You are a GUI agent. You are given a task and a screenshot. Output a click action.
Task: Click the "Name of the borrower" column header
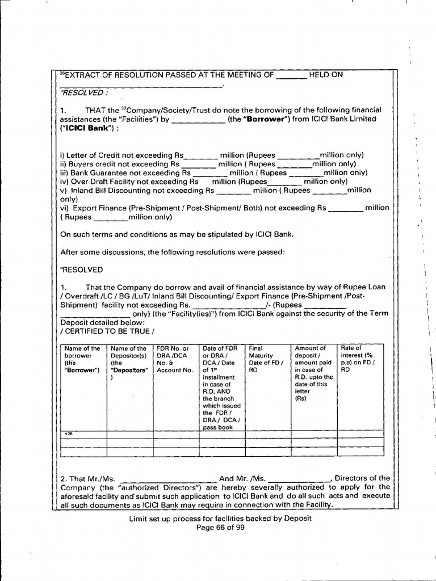click(82, 360)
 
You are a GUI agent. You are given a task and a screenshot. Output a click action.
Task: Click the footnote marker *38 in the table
click(68, 434)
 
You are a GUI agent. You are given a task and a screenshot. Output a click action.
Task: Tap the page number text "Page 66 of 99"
click(220, 528)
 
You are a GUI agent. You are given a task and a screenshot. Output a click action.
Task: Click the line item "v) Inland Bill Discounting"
click(114, 191)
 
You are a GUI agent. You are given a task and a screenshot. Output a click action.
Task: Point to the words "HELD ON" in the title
click(326, 75)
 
